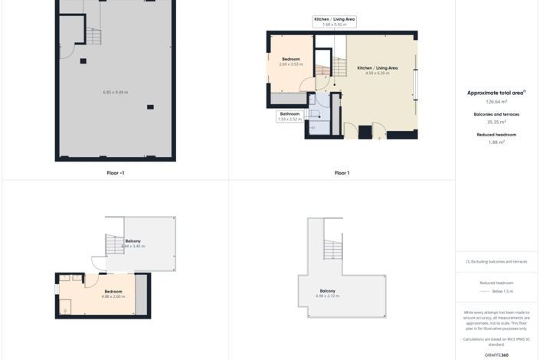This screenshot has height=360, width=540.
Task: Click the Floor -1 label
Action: point(115,173)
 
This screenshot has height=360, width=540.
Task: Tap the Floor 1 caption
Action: point(342,173)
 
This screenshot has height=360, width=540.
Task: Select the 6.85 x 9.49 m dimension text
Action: point(115,92)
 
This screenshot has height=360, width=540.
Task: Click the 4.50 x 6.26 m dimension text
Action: point(378,73)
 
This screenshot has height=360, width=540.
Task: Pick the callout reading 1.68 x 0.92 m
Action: point(334,25)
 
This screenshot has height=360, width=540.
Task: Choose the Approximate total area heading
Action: point(496,93)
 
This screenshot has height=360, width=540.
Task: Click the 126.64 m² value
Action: point(496,101)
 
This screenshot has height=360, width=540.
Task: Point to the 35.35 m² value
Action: point(496,122)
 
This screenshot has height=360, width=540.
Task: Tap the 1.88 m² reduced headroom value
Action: point(496,142)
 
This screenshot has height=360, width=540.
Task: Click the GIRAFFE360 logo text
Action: point(496,355)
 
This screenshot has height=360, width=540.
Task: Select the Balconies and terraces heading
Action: point(496,114)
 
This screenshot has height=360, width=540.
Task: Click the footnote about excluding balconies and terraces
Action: point(496,261)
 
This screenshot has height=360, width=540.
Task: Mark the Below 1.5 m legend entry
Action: point(502,291)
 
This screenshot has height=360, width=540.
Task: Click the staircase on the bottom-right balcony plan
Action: point(332,250)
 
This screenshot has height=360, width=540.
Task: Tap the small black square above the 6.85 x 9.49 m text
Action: point(83,61)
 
